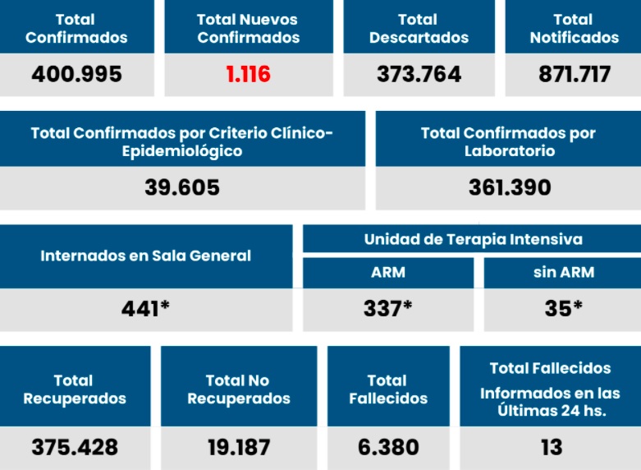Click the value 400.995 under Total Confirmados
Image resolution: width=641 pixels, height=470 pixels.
point(76,74)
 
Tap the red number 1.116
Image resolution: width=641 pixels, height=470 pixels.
point(248,74)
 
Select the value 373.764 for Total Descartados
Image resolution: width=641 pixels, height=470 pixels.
point(419,74)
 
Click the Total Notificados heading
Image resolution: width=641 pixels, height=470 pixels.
point(574,28)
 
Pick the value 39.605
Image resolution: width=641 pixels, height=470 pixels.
point(182,187)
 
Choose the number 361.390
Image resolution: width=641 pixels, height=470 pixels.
point(510,187)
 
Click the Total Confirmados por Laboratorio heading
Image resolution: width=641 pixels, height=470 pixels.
point(508,141)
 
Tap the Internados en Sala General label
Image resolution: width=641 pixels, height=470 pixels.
point(146,256)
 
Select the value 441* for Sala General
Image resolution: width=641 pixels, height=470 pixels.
point(145,308)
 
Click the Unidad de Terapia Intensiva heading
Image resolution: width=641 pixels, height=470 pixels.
point(473,239)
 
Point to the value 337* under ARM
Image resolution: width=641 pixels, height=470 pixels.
point(387,308)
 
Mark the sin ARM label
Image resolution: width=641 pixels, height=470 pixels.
point(563,273)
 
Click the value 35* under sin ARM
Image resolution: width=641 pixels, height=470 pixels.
point(563,308)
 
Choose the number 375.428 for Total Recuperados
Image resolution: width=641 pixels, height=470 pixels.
point(75,447)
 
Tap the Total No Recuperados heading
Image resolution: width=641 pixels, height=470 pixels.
point(238,389)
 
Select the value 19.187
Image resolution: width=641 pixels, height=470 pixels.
point(238,447)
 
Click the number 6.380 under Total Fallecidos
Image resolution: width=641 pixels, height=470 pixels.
point(388,447)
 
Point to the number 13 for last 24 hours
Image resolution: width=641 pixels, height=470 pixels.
point(551,447)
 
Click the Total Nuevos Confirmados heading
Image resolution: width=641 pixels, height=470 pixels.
point(248,28)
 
